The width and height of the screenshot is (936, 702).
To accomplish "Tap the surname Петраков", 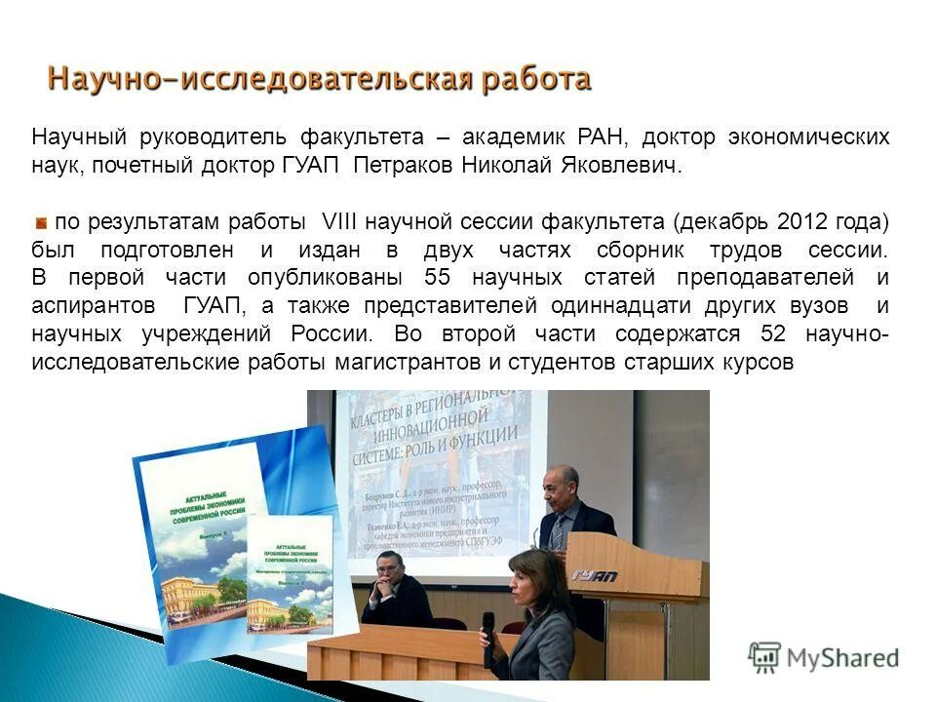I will pyautogui.click(x=402, y=166).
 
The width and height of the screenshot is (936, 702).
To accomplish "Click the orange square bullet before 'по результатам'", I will pyautogui.click(x=41, y=222).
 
